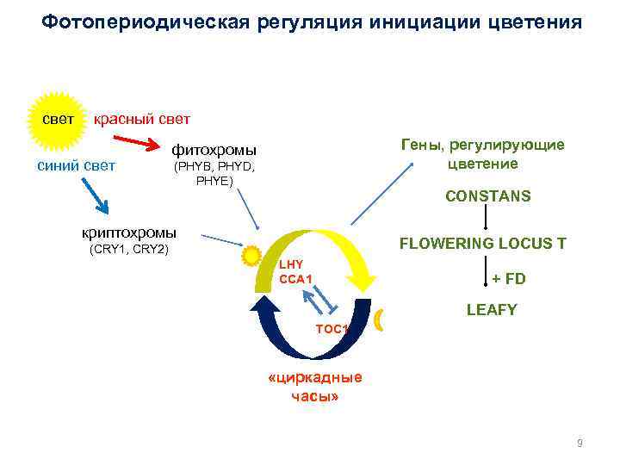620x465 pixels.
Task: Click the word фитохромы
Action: (x=215, y=150)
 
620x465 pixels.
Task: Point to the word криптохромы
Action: (x=128, y=232)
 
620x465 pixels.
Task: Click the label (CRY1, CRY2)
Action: (x=129, y=250)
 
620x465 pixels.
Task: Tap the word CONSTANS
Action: (x=487, y=196)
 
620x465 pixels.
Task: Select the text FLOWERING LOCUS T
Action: (x=482, y=244)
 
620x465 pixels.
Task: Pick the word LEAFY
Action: (x=492, y=310)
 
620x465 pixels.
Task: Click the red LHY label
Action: (x=291, y=263)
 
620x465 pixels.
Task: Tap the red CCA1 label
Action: (x=295, y=277)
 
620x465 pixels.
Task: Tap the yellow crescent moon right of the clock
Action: (x=380, y=322)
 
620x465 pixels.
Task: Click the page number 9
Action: (x=580, y=443)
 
